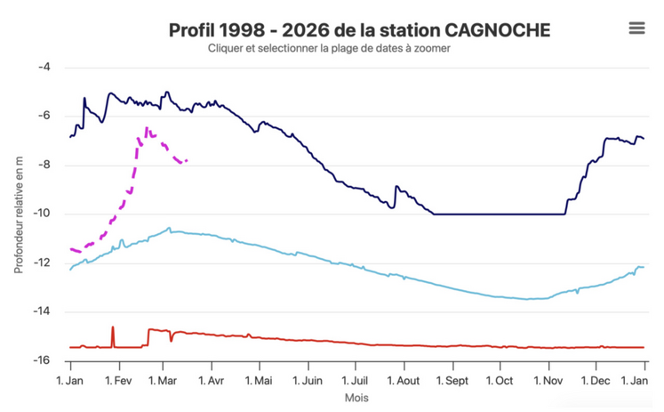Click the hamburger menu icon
point(636,28)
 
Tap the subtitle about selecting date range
point(329,49)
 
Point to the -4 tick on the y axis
point(44,68)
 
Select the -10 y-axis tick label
point(41,214)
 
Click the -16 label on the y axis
point(41,361)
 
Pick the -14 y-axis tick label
point(41,312)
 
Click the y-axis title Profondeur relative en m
point(18,214)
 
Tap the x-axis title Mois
point(356,398)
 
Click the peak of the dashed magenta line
point(147,129)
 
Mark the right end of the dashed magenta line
point(187,161)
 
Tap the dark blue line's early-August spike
point(396,187)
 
